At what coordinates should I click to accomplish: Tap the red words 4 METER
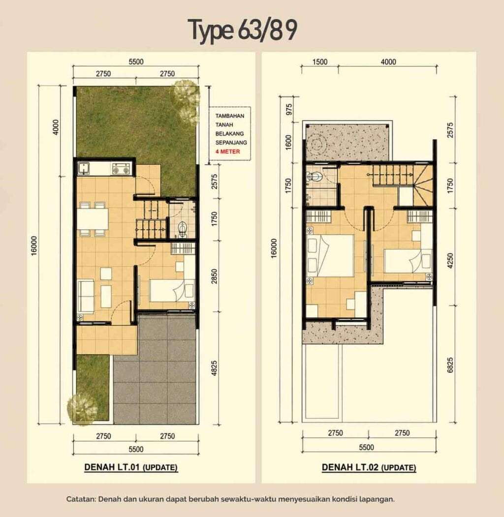pos(227,152)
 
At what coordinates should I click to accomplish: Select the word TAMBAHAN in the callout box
pos(230,116)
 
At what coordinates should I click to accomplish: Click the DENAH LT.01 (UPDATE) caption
pos(131,467)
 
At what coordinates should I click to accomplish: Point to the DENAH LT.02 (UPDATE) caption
pos(369,467)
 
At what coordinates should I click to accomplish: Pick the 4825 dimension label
pos(214,368)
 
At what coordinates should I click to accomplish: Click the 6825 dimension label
pos(450,365)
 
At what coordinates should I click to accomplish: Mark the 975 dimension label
pos(289,109)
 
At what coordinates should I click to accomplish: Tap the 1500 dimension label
pos(320,62)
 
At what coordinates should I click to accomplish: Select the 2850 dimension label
pos(214,276)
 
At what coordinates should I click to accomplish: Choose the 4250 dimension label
pos(450,261)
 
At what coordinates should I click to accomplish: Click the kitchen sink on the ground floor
pos(84,168)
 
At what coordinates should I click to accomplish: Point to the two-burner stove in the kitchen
pos(121,169)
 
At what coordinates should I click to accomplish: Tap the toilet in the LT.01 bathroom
pos(182,229)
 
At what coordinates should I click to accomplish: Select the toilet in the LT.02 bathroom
pos(314,177)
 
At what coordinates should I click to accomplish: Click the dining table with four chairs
pos(93,219)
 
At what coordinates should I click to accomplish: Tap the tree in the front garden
pos(83,409)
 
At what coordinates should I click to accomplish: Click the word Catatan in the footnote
pos(80,499)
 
